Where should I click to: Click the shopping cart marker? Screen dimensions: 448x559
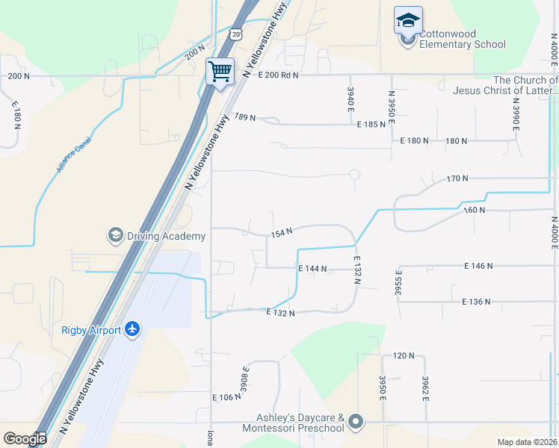click(x=220, y=72)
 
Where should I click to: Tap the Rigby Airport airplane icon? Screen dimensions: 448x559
click(x=132, y=329)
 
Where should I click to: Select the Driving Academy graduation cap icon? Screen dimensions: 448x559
click(x=115, y=236)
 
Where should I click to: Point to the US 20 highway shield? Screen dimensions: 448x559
click(x=237, y=34)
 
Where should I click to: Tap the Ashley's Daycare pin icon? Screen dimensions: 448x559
click(x=355, y=423)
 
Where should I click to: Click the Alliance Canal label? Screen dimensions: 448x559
click(x=73, y=155)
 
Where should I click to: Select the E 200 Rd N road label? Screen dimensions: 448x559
click(x=278, y=75)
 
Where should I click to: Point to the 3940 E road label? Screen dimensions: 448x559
click(x=350, y=99)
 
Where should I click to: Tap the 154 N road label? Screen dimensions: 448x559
click(x=281, y=233)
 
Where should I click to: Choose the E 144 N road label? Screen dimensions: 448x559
click(x=312, y=268)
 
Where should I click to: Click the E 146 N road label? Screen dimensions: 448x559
click(x=479, y=265)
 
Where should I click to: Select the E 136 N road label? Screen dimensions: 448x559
click(x=476, y=302)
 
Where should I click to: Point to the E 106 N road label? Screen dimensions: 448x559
click(x=227, y=397)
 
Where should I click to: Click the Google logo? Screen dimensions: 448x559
click(x=25, y=439)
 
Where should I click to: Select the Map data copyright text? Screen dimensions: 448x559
click(x=527, y=442)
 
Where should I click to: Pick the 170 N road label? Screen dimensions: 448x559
click(x=457, y=178)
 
